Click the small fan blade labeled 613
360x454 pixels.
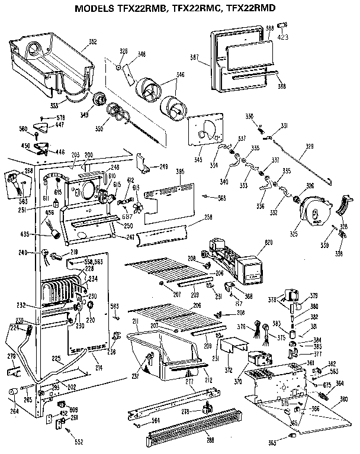click(137, 209)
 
